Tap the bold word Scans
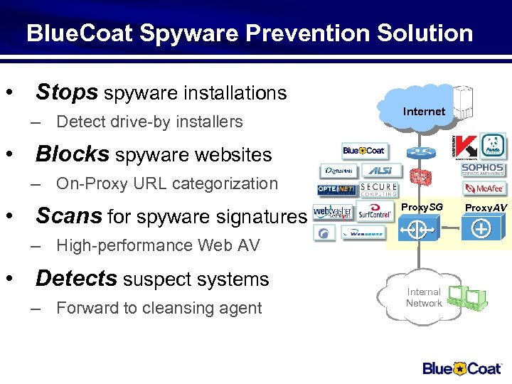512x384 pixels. tap(68, 215)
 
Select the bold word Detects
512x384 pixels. tap(76, 279)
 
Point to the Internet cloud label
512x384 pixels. tap(424, 112)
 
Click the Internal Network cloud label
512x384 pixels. tap(424, 297)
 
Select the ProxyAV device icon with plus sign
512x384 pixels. tap(481, 229)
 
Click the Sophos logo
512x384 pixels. tap(483, 169)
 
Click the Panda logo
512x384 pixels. tap(492, 146)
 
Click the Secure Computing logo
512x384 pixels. tap(378, 190)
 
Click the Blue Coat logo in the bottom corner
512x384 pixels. tap(463, 368)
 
